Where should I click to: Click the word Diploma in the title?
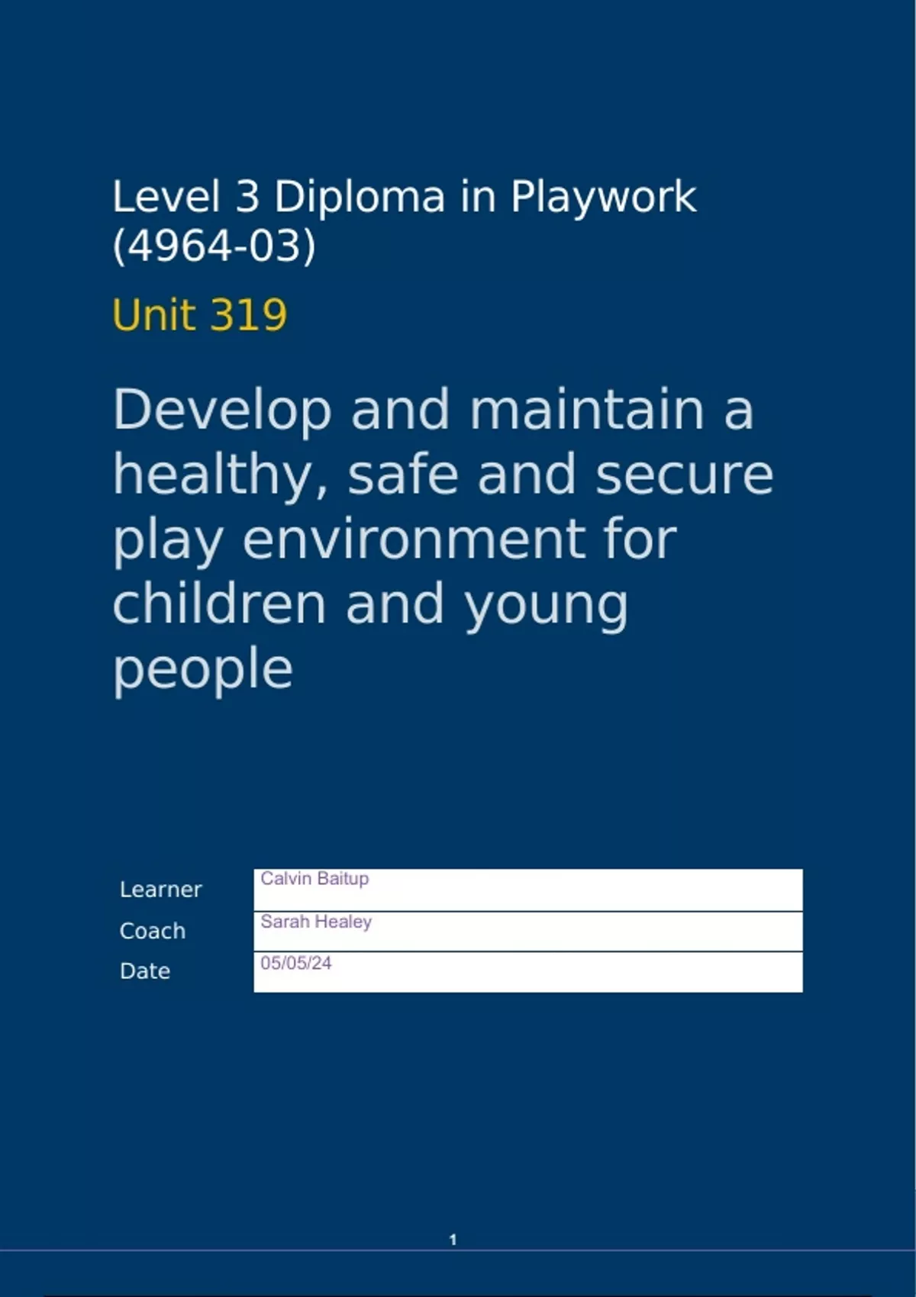point(359,197)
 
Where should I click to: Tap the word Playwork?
point(603,197)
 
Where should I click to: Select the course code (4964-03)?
point(214,246)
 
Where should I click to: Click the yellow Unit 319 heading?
point(199,314)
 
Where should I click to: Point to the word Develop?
point(222,410)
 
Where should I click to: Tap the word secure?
point(684,474)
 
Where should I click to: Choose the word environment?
point(413,539)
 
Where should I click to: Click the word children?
point(220,603)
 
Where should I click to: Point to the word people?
point(203,669)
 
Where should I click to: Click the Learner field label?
point(160,890)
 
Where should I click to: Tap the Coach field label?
point(153,931)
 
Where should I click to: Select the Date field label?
point(145,971)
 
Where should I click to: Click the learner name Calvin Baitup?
point(314,879)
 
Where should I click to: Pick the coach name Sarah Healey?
point(316,922)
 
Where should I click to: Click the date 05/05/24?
point(296,963)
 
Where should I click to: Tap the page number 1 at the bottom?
point(453,1240)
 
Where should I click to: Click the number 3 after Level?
point(247,197)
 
